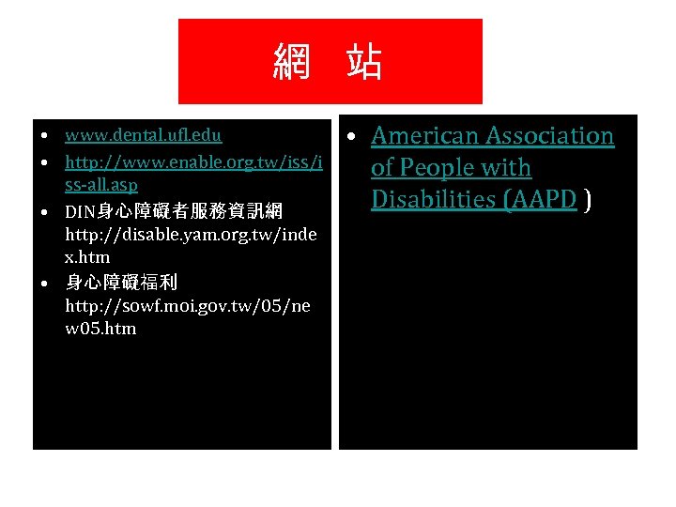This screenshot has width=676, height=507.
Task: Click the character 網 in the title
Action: (x=293, y=63)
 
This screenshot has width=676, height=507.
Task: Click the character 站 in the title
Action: (x=363, y=63)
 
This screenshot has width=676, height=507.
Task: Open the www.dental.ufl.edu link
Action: (x=143, y=136)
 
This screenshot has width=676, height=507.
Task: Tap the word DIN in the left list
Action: (x=82, y=209)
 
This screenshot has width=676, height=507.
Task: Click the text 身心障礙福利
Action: (x=121, y=282)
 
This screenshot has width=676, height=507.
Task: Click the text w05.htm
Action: (x=100, y=329)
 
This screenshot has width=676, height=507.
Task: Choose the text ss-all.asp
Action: (x=100, y=186)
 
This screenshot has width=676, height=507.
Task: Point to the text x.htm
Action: (x=87, y=256)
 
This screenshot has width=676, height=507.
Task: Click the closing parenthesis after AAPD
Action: (x=588, y=200)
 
